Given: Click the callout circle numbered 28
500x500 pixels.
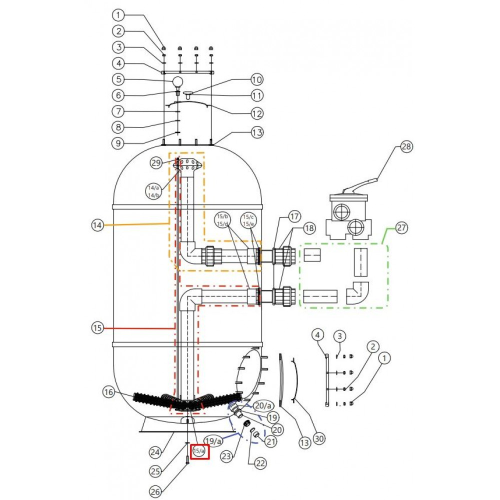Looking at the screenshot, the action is point(406,146).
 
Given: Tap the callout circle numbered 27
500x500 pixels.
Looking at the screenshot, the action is point(401,227).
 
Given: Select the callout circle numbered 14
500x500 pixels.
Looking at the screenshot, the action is point(97,225).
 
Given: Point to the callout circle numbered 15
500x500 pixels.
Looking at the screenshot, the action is point(97,328).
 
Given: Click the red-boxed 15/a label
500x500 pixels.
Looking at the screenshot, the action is point(199,451).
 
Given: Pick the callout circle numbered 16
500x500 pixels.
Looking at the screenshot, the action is point(108,392).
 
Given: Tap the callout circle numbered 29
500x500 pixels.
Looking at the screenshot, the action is point(156,163).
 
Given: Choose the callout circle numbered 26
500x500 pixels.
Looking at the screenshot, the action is point(155,491).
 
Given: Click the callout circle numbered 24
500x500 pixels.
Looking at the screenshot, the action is point(155,452).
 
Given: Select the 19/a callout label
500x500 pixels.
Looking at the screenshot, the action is point(213,441).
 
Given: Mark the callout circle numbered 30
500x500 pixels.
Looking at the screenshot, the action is point(319,439).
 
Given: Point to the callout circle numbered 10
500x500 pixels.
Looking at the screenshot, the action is point(256,79).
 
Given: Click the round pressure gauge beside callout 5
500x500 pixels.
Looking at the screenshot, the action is point(178,82).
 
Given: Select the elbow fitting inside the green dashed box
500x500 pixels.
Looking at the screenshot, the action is point(358,293).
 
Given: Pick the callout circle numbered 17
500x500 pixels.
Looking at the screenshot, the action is point(294,216).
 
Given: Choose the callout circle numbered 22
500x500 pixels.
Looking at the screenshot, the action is point(260,463).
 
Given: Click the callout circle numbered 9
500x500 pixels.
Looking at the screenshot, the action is point(118,143).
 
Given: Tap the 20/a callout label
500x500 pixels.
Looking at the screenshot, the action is point(263,405).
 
